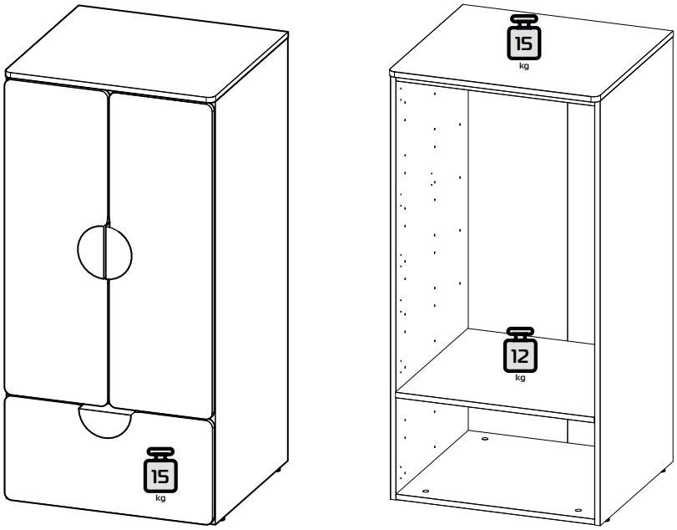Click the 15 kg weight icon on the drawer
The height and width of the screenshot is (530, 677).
[x=160, y=470]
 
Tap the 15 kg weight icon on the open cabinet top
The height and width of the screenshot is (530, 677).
[x=523, y=37]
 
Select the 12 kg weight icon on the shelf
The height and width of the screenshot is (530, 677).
[x=520, y=349]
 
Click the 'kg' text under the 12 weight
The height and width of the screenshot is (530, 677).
[x=520, y=377]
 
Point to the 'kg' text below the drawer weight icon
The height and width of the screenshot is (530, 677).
[x=160, y=498]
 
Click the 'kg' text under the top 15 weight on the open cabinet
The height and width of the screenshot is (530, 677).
[x=523, y=66]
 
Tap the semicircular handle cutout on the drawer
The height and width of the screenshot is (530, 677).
[x=106, y=422]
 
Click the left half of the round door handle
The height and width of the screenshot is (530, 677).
[x=92, y=251]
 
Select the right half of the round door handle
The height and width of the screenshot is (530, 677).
[x=119, y=252]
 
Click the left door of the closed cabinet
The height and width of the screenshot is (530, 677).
[x=55, y=243]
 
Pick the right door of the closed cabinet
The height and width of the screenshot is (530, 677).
[x=161, y=255]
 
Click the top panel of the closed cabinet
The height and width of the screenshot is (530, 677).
[x=147, y=54]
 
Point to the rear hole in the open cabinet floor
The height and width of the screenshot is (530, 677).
[x=484, y=439]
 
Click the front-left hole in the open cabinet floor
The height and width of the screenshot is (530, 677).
[x=426, y=491]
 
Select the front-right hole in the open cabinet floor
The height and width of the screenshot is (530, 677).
[x=578, y=510]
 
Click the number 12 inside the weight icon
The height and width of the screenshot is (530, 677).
[x=520, y=356]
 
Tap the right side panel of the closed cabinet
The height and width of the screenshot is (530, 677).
[x=251, y=277]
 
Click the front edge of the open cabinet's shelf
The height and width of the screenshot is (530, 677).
[x=495, y=407]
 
